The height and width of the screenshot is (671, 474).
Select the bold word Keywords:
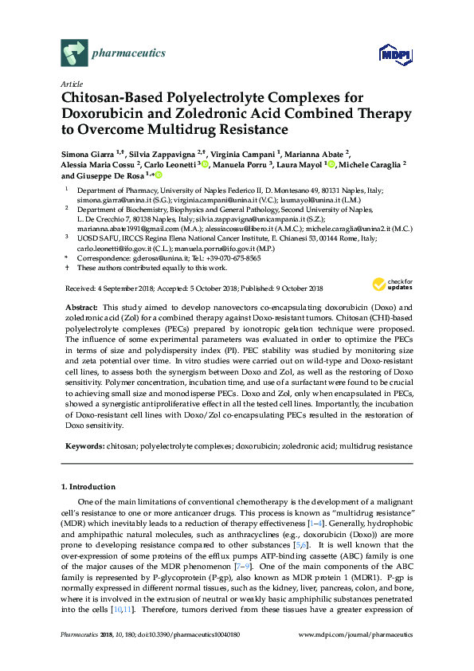click(84, 446)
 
